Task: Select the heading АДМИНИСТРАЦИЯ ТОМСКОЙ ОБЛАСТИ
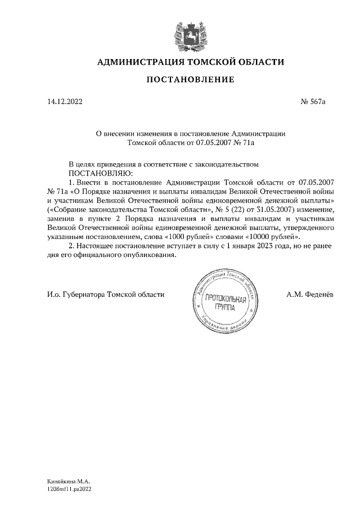point(191,62)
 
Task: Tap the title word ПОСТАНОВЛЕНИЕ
point(190,80)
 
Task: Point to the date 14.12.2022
point(64,102)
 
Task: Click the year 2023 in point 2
point(259,246)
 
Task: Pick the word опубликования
point(146,255)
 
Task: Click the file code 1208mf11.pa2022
point(70,490)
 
